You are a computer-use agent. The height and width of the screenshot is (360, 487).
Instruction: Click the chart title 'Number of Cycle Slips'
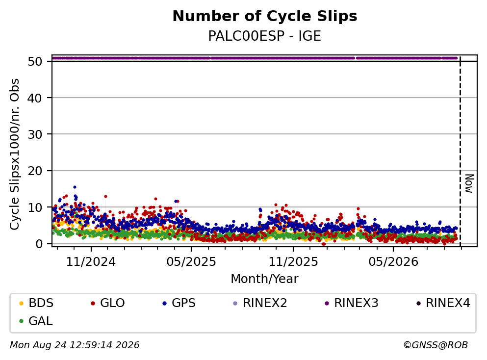265,16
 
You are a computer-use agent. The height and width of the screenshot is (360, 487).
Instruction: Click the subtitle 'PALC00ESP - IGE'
265,36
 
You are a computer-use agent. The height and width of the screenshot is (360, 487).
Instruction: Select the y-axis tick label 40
35,98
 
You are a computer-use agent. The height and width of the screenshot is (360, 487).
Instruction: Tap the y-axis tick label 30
35,134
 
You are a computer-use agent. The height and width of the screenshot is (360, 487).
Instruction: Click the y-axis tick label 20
35,171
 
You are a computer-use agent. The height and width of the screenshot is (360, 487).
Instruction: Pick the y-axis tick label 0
39,244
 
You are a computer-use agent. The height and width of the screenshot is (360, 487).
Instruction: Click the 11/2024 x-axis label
91,262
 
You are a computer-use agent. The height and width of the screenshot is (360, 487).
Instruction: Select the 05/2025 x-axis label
191,262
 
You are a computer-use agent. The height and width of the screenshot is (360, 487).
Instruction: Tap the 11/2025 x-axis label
293,262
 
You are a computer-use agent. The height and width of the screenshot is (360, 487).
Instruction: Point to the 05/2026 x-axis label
393,262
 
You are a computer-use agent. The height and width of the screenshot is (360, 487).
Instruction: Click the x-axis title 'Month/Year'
265,279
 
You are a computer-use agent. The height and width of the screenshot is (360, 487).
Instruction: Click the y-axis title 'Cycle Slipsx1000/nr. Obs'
15,154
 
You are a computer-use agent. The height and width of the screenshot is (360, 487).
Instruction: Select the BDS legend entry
36,303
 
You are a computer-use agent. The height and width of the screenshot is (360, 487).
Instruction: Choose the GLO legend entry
108,303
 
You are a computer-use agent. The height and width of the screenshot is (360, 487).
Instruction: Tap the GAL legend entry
36,321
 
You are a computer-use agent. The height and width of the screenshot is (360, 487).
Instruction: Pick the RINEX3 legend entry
352,303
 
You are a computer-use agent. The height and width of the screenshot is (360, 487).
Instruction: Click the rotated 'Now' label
469,183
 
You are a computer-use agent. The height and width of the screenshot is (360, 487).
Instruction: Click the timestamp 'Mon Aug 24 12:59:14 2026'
75,345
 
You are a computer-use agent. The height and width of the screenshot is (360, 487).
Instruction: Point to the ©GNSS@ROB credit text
436,345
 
